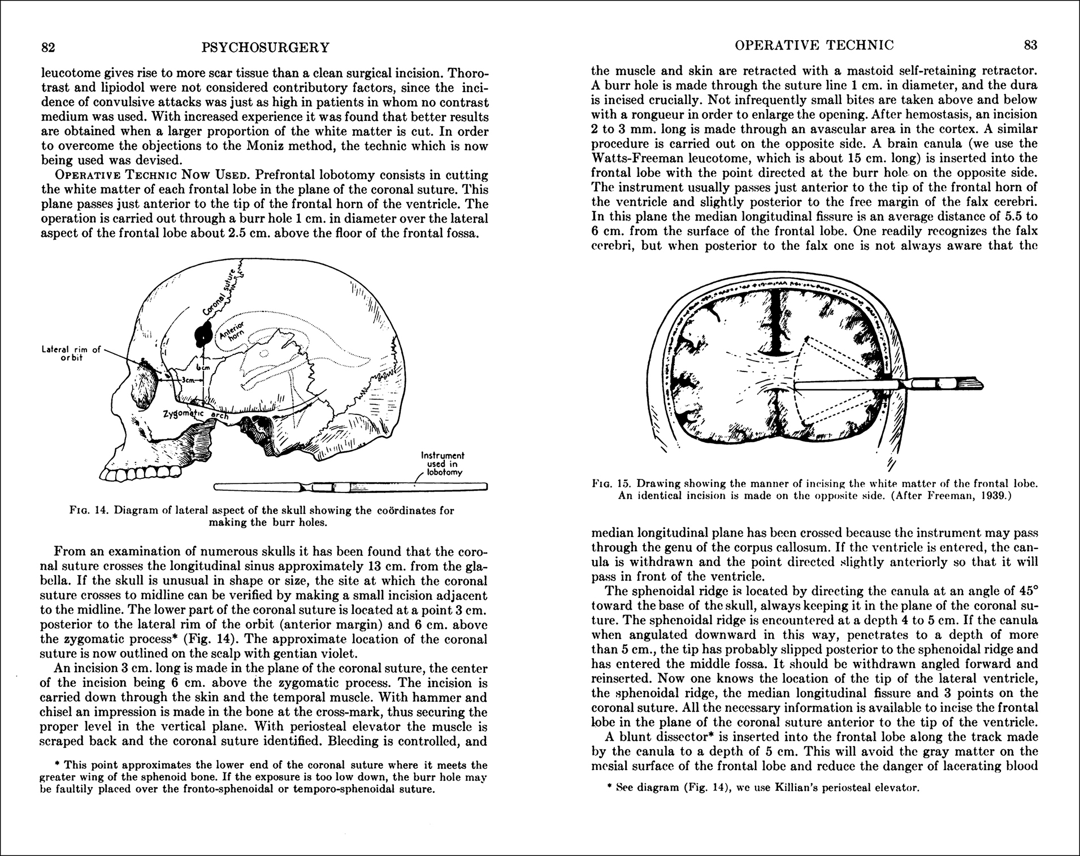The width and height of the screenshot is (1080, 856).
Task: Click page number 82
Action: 48,47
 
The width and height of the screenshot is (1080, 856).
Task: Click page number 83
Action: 1031,45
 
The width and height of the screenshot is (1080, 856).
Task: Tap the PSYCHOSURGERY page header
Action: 265,47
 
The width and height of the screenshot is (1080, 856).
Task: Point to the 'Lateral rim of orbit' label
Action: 71,353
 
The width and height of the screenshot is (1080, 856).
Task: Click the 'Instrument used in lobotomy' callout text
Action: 443,464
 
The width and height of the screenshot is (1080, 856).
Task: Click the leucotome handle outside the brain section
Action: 944,384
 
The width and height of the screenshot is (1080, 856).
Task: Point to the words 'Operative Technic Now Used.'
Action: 125,175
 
